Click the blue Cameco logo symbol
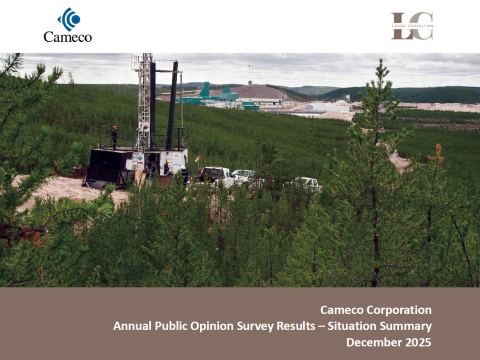tap(68, 19)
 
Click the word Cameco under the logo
tap(68, 37)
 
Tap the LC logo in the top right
tap(412, 26)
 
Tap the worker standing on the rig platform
tap(114, 135)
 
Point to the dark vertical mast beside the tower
tap(172, 105)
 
